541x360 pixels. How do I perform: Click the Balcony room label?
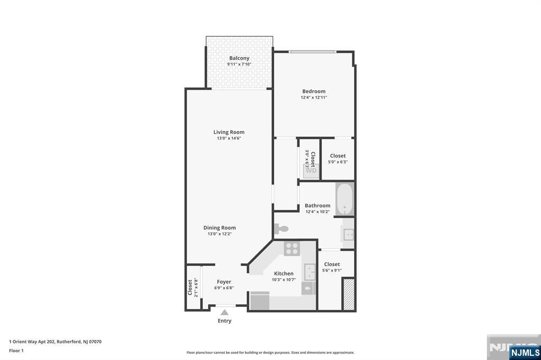click(239, 58)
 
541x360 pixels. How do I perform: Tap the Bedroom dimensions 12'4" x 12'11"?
click(314, 98)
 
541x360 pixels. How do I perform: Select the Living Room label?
click(229, 132)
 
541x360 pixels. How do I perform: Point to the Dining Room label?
click(219, 228)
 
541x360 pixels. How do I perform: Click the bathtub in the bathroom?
click(344, 199)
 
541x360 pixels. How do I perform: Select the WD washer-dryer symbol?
click(311, 170)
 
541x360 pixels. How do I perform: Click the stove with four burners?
click(292, 248)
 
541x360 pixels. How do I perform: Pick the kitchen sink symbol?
click(310, 272)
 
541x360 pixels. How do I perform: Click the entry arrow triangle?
click(225, 312)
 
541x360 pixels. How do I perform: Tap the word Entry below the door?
click(225, 321)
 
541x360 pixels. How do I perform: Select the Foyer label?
click(224, 282)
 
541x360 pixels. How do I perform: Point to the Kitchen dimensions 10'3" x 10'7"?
click(284, 280)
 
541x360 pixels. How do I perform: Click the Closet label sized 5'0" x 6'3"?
click(338, 156)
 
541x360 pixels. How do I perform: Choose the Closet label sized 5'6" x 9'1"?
click(332, 264)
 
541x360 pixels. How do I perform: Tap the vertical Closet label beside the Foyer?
click(190, 287)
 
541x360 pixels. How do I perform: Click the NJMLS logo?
click(525, 352)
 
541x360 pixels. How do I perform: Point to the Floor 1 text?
click(16, 350)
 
